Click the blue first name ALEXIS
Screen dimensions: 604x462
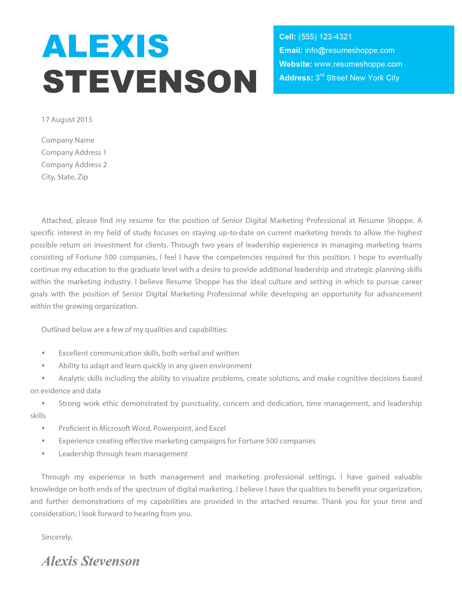point(105,46)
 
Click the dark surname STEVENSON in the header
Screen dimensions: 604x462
point(150,82)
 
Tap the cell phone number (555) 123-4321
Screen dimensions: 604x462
point(325,37)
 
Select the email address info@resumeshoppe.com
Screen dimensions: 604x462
point(350,50)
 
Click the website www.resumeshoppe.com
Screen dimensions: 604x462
point(358,64)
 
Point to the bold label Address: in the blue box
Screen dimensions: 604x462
point(296,78)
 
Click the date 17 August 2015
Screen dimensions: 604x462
point(67,120)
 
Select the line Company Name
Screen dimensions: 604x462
point(68,141)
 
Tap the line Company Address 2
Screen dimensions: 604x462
point(74,165)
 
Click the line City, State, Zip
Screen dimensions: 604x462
point(65,177)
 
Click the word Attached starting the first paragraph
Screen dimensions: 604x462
point(57,221)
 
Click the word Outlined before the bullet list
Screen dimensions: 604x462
point(56,330)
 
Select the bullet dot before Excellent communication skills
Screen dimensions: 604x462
point(44,353)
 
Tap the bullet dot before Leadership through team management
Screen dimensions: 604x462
point(44,454)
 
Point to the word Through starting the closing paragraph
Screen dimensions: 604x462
point(55,477)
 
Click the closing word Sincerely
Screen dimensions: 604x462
point(57,537)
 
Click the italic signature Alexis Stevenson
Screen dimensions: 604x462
point(90,561)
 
